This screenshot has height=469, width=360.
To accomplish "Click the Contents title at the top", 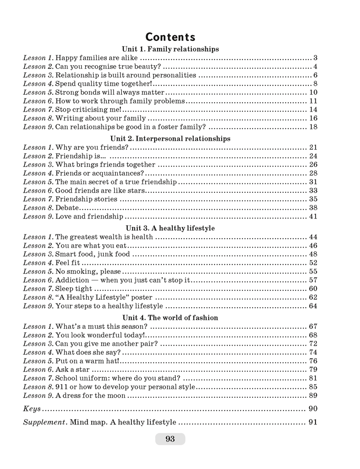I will click(170, 37).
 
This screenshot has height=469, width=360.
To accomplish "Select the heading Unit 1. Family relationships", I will click(170, 49).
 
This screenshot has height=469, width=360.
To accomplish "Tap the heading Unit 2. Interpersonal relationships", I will click(170, 138).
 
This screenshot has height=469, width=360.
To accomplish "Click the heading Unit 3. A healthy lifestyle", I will click(170, 228).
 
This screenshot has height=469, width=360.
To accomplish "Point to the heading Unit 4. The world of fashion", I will click(170, 318).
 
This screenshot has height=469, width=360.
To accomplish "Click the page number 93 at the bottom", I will click(170, 439).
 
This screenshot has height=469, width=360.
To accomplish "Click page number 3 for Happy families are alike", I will click(315, 58).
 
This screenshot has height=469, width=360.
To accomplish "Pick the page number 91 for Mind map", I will click(313, 422).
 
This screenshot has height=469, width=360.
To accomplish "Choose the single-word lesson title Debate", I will click(67, 207).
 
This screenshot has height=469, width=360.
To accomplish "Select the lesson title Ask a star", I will click(73, 369).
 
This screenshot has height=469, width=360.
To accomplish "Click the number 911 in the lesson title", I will click(62, 387).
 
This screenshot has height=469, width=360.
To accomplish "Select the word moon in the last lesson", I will click(117, 395).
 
